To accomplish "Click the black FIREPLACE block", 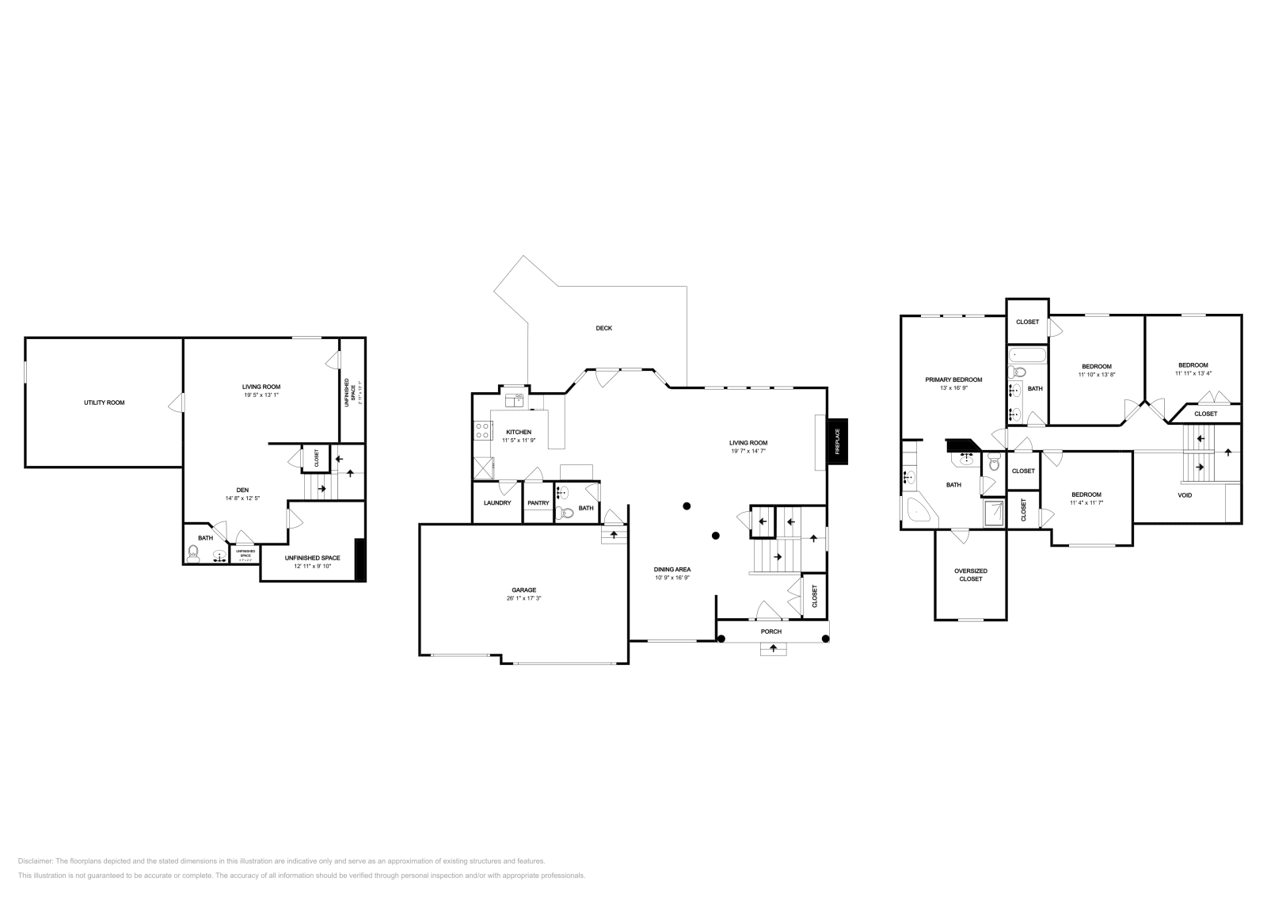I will coord(837,441).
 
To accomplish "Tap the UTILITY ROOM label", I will coord(105,403).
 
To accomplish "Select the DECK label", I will coord(604,328).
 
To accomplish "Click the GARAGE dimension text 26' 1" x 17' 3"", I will coord(523,599).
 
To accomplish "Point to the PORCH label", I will coord(770,632).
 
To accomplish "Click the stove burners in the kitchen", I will coord(481,431).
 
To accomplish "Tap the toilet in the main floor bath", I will coord(565,513).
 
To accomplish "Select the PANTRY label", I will coord(538,503).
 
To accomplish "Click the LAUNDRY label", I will coord(497,503).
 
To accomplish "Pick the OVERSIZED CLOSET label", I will coord(970,574).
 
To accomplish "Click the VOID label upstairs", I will coord(1185,495).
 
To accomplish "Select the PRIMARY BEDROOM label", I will coord(953,380).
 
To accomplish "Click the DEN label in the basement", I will coord(242,490).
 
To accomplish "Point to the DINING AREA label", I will coord(672,569).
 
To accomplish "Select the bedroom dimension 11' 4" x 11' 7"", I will coord(1086,503).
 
